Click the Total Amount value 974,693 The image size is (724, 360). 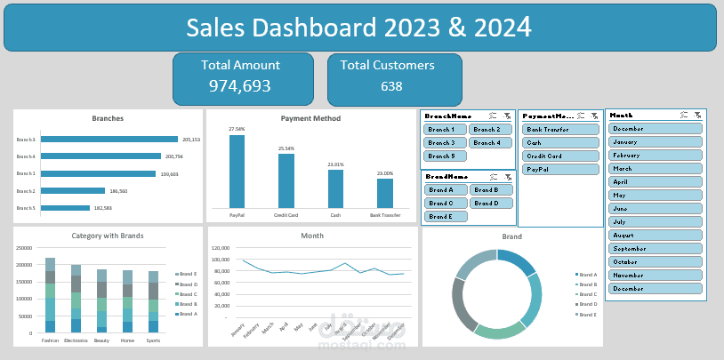coord(239,86)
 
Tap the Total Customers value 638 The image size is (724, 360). coord(391,86)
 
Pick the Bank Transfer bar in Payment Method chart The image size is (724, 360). coord(384,193)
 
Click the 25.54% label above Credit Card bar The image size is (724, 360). coord(286,148)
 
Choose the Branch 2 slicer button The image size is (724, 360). coord(490,130)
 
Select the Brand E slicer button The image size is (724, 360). coord(445,216)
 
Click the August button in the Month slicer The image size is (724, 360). coord(656,236)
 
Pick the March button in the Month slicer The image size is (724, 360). coord(656,168)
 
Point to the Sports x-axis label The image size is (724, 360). coord(154,340)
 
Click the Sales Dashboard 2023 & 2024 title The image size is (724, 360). coord(359,28)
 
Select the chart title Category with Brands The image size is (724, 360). coord(108,236)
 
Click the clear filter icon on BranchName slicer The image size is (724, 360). coord(506,116)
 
